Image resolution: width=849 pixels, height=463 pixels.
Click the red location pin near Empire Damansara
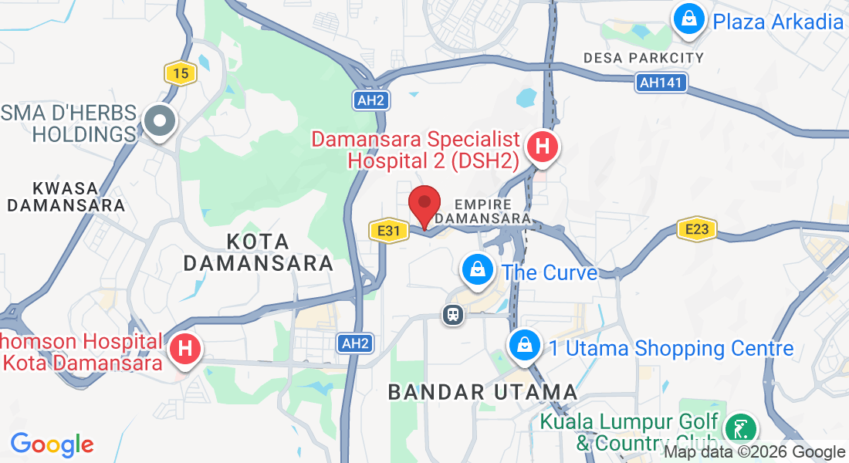tap(424, 204)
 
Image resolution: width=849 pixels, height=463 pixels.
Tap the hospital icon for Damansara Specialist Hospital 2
tap(543, 145)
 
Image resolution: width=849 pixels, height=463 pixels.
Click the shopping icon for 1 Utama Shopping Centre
tap(525, 344)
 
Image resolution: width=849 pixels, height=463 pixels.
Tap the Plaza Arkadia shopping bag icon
tap(687, 17)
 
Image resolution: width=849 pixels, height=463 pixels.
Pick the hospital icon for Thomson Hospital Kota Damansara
tap(185, 348)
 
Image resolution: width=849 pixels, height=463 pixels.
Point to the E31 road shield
tap(387, 230)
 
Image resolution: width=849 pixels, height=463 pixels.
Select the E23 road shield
tap(697, 228)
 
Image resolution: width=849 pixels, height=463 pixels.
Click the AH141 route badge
tap(661, 83)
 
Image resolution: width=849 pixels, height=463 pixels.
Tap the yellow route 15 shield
tap(181, 74)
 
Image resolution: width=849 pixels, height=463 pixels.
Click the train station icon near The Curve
tap(452, 314)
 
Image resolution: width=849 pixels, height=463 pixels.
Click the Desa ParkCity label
tap(644, 58)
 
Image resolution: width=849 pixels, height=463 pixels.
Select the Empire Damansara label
tap(483, 211)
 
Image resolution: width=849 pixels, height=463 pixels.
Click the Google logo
tap(52, 444)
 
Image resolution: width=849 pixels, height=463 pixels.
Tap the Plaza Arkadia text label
tap(778, 21)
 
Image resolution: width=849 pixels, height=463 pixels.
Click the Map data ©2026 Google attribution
tap(755, 452)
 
